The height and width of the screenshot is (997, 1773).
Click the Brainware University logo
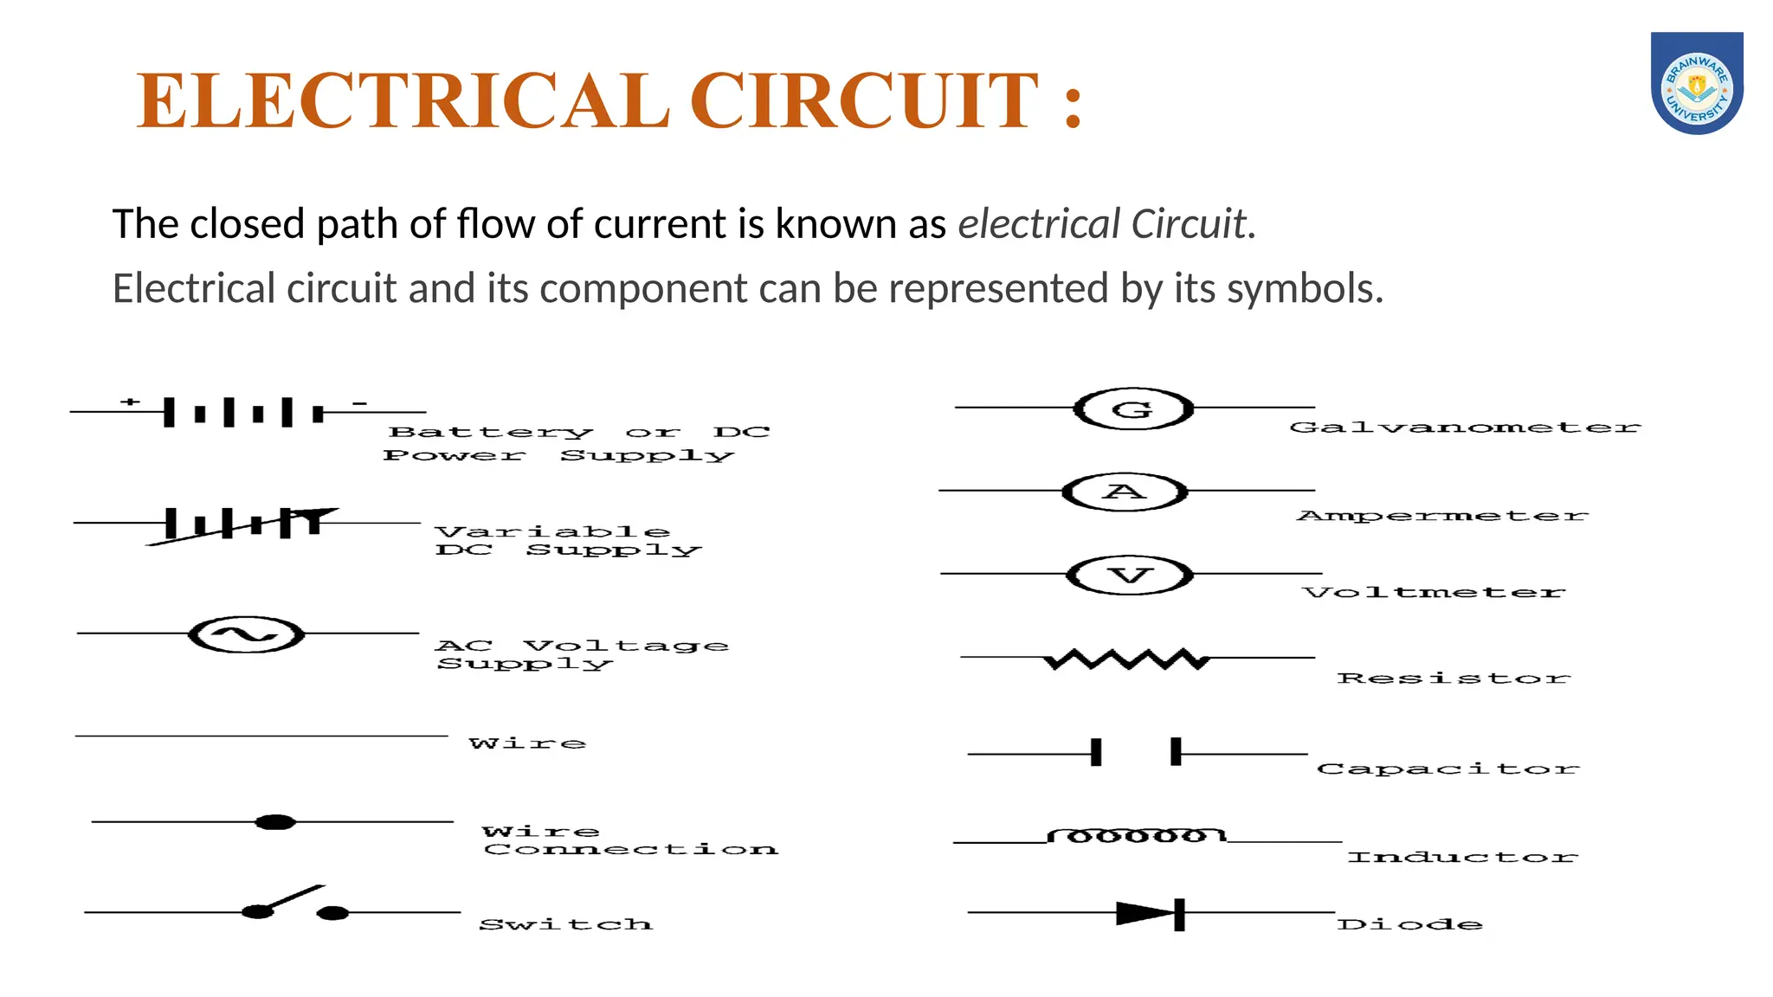click(x=1697, y=84)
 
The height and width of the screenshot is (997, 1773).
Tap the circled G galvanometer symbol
click(x=1133, y=408)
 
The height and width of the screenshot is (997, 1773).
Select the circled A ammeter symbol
click(x=1125, y=492)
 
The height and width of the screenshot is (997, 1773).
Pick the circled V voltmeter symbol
click(x=1130, y=575)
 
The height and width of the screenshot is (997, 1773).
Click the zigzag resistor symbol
click(x=1127, y=659)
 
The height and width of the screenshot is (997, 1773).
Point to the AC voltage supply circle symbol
click(x=247, y=634)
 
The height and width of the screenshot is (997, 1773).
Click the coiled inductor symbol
click(x=1137, y=835)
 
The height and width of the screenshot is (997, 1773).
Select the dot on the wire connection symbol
click(x=275, y=821)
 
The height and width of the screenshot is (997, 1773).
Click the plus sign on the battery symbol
click(x=130, y=402)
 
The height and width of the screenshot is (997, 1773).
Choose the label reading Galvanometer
click(x=1465, y=427)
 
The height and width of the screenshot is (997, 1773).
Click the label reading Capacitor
click(x=1447, y=769)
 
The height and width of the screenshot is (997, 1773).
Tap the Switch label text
click(x=566, y=924)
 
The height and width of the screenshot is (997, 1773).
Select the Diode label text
click(x=1409, y=924)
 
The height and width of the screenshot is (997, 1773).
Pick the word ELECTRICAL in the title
click(x=403, y=101)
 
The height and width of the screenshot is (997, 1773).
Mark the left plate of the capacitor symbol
click(x=1096, y=752)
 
